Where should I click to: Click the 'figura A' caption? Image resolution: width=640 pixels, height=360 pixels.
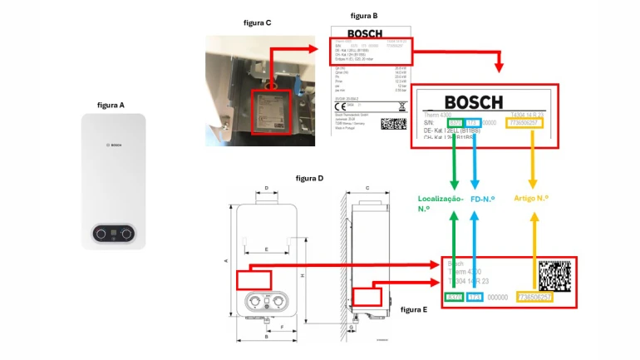111,106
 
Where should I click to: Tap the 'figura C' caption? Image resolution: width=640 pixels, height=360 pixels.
257,22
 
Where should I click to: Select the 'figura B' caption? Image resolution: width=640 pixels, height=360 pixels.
364,16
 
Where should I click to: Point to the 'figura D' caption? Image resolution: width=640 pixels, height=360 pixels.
309,178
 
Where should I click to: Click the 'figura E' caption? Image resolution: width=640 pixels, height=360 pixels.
413,309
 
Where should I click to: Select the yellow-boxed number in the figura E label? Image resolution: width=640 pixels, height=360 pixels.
534,297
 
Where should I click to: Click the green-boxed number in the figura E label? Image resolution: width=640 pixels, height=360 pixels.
454,297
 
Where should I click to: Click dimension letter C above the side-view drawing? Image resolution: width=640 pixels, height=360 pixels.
367,189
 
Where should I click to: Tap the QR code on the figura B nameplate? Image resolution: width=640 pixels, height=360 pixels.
393,123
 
